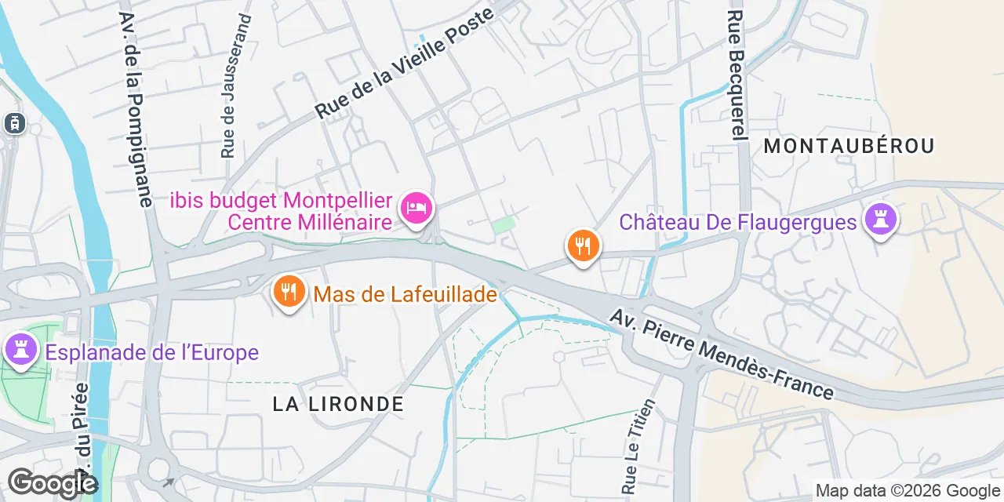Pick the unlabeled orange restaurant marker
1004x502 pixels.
tap(583, 247)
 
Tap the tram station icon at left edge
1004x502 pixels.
tap(15, 123)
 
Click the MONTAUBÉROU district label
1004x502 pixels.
tap(849, 146)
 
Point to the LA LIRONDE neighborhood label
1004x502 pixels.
tap(338, 404)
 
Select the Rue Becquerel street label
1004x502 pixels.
tap(735, 75)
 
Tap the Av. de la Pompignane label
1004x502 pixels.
tap(135, 110)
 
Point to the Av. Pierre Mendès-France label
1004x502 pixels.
tap(722, 354)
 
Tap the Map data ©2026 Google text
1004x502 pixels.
tap(908, 491)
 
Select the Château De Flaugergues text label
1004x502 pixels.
tap(737, 222)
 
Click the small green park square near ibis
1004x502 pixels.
tap(504, 225)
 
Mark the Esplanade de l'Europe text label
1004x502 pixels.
tap(152, 352)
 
